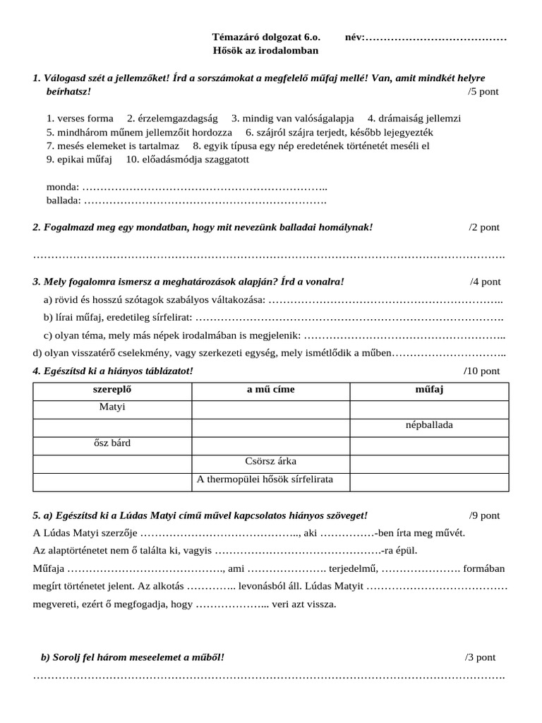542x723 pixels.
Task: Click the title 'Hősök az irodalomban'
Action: click(265, 51)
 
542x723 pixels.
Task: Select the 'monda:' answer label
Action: click(63, 187)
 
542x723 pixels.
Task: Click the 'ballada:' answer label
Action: click(64, 201)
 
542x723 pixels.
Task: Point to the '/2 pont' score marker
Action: click(483, 227)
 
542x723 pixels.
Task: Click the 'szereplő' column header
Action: click(112, 390)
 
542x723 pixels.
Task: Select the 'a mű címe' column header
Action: click(270, 390)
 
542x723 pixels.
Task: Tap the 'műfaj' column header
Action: click(429, 390)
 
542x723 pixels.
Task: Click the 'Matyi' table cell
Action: click(112, 407)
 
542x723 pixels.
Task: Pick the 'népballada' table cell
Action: click(429, 426)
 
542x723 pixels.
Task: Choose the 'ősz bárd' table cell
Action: click(112, 443)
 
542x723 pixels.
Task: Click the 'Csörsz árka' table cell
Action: click(270, 462)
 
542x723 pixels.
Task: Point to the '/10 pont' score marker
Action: click(481, 371)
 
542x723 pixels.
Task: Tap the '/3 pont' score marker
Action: click(480, 657)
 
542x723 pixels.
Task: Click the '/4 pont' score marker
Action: click(485, 282)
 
